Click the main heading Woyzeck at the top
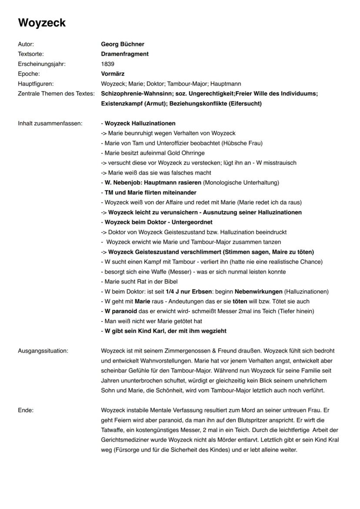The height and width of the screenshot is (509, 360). tap(42, 23)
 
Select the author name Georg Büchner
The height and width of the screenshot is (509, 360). tap(122, 44)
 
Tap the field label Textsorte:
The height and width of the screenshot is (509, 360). tap(31, 54)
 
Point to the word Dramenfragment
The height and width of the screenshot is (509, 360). tap(125, 54)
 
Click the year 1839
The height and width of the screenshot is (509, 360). tap(107, 64)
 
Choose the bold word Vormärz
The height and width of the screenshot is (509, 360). tap(113, 73)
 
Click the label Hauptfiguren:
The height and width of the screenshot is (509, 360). tap(36, 83)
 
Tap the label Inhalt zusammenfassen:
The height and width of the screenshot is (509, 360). tap(50, 123)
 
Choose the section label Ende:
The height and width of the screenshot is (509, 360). tap(26, 410)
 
